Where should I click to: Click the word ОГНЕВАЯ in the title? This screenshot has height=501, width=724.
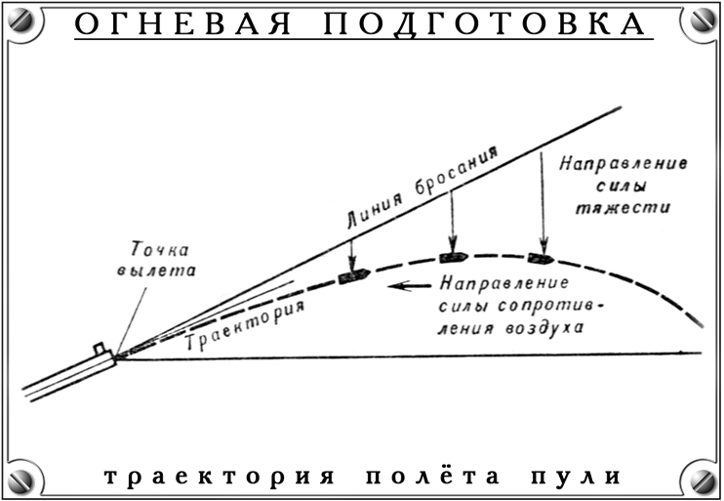click(x=182, y=24)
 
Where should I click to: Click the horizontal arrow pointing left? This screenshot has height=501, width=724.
click(x=411, y=286)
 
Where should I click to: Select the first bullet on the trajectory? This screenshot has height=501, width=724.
click(x=352, y=276)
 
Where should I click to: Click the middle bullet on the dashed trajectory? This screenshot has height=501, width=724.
click(x=454, y=257)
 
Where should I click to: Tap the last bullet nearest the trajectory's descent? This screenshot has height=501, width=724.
click(x=540, y=259)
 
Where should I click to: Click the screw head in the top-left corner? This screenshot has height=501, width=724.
click(x=21, y=21)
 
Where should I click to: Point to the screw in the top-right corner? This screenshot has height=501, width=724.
click(x=703, y=21)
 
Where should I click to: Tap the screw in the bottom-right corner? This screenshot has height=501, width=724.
click(x=703, y=480)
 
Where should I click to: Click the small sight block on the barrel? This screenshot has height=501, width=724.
click(x=99, y=348)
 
